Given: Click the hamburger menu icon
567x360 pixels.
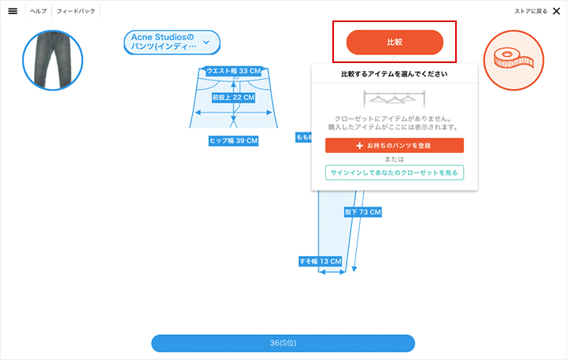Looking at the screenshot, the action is [13, 11].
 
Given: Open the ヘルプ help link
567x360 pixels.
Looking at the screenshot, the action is [39, 11].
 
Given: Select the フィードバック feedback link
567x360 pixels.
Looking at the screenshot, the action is [76, 11].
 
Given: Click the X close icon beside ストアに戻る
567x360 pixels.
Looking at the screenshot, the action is [557, 11].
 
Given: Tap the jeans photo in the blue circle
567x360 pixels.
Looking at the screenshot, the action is [53, 60].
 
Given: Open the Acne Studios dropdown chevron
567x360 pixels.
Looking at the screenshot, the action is [206, 43].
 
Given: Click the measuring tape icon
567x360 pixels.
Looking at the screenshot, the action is [513, 60].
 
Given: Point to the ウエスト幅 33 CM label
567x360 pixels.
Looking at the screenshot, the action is [234, 71].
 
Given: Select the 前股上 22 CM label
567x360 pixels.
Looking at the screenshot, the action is [234, 98].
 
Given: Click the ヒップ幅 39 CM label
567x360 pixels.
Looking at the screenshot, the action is [234, 141].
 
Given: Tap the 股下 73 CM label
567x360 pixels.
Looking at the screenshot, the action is [363, 212].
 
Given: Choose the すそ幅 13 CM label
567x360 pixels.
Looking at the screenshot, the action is [321, 262].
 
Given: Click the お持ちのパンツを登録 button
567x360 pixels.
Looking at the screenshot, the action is [395, 146].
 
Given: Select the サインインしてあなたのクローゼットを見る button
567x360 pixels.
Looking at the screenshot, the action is [395, 173].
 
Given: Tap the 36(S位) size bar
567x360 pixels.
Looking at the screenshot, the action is [283, 343].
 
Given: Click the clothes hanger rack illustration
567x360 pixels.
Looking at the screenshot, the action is [395, 98].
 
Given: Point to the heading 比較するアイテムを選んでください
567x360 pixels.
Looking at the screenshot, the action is [395, 74].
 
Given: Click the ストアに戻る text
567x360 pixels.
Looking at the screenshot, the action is [531, 11].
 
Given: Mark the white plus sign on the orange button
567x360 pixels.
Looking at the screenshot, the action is [359, 146].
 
